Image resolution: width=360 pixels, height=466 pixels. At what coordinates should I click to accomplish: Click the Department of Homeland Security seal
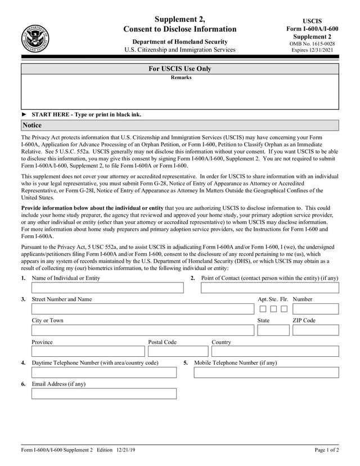(35, 39)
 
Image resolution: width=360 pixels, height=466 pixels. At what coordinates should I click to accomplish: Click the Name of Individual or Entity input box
(107, 288)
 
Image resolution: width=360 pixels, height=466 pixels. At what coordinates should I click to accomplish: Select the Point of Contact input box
(269, 288)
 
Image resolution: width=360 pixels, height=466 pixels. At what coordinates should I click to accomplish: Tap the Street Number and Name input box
(143, 309)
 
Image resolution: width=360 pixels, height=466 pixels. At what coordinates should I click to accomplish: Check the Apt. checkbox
(263, 309)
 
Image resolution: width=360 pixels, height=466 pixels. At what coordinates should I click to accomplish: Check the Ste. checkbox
(273, 309)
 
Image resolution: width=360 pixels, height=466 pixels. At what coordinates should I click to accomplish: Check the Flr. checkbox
(284, 309)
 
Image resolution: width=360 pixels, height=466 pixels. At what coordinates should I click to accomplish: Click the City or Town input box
(143, 330)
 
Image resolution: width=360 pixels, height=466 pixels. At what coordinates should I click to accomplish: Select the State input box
(273, 330)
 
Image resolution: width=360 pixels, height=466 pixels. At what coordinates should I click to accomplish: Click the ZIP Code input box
(316, 330)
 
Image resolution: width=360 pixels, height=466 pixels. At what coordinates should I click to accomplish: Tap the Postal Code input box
(177, 351)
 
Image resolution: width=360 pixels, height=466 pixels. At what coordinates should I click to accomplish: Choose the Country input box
(275, 351)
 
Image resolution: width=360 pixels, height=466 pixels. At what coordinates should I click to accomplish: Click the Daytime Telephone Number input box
(104, 373)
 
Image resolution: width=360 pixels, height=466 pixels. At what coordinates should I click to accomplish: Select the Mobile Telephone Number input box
(266, 373)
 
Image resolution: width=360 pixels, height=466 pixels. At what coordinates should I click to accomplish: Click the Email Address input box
(104, 393)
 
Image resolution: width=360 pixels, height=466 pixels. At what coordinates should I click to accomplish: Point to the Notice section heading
(32, 125)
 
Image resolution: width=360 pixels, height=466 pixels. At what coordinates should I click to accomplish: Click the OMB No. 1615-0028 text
(312, 43)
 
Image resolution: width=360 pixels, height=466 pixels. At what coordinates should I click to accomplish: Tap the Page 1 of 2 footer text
(326, 450)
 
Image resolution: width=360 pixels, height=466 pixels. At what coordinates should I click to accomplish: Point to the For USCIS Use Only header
(180, 69)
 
